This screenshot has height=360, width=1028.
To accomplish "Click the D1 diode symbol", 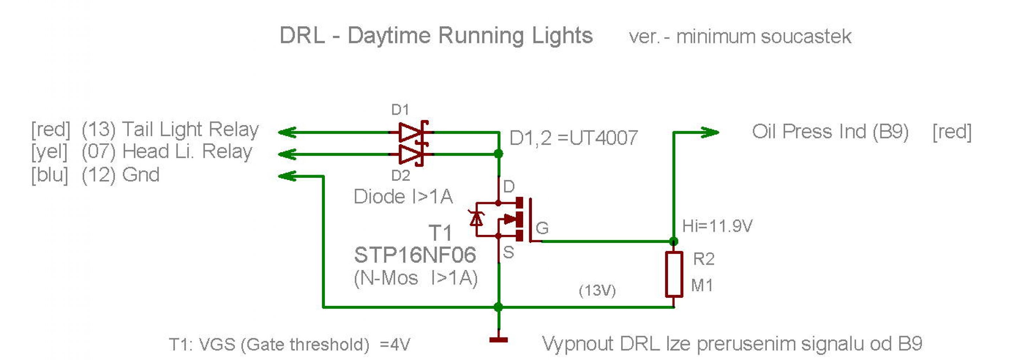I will [x=411, y=132].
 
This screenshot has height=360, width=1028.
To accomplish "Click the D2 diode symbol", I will [x=411, y=154].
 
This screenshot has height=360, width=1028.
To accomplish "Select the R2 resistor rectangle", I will [x=674, y=274].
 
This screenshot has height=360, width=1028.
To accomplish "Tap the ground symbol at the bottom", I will [x=499, y=340].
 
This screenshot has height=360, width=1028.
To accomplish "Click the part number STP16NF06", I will [x=415, y=255].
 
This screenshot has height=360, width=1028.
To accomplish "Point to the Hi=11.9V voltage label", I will [x=717, y=226].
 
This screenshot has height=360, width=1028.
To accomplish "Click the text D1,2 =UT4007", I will [x=573, y=138].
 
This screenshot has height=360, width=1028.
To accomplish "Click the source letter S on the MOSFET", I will [x=508, y=252].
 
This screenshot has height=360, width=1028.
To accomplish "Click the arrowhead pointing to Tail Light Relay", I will [x=287, y=132].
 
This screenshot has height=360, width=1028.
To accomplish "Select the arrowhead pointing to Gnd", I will [x=287, y=176].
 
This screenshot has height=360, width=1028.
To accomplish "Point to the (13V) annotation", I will [x=597, y=290].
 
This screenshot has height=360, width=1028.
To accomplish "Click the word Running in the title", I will [x=481, y=36].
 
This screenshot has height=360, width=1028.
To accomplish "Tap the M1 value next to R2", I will [x=701, y=285].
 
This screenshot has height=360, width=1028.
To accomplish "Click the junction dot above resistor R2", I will [x=674, y=241].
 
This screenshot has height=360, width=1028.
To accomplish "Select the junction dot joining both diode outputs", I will [x=499, y=154].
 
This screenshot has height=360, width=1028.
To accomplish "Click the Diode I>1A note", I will [x=403, y=197].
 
